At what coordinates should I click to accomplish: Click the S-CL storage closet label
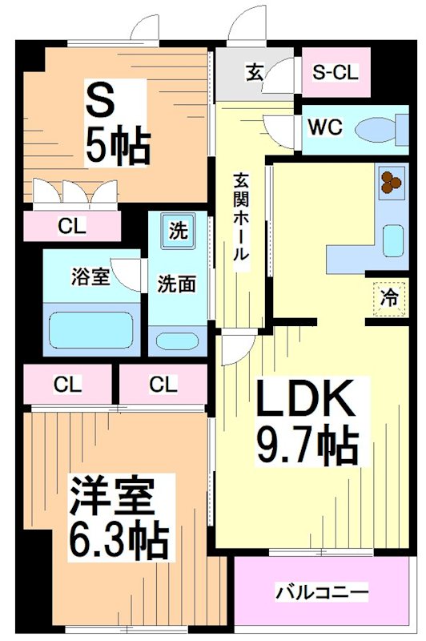click(336, 71)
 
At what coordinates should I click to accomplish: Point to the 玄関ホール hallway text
click(240, 216)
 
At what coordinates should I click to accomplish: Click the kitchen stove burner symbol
click(391, 182)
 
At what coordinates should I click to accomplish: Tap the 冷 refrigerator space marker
click(389, 299)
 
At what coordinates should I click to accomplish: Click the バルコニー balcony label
click(323, 594)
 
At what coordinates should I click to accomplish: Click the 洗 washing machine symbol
click(176, 232)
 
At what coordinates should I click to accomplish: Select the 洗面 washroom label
click(176, 284)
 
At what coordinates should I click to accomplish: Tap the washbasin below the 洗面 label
click(176, 341)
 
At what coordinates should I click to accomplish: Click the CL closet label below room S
click(71, 226)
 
